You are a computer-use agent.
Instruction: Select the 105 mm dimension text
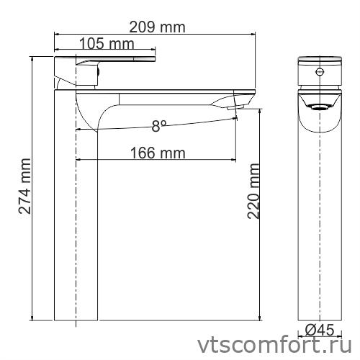pos(106,44)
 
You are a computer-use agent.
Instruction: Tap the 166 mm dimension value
pos(158,153)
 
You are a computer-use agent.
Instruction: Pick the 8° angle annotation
pos(158,126)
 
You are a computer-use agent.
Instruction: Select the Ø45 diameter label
pos(318,330)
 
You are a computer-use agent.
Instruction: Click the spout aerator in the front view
pos(318,107)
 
